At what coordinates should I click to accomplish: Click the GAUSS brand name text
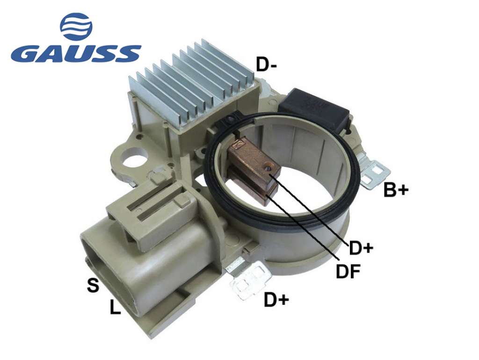76,54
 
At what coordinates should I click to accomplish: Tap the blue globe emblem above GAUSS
76,26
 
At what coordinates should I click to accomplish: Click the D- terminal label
266,65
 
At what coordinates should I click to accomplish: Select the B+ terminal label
396,190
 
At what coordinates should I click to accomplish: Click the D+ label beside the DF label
361,248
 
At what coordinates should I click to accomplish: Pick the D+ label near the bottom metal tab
276,299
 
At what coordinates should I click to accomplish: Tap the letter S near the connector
93,286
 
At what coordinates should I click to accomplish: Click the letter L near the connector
115,307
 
